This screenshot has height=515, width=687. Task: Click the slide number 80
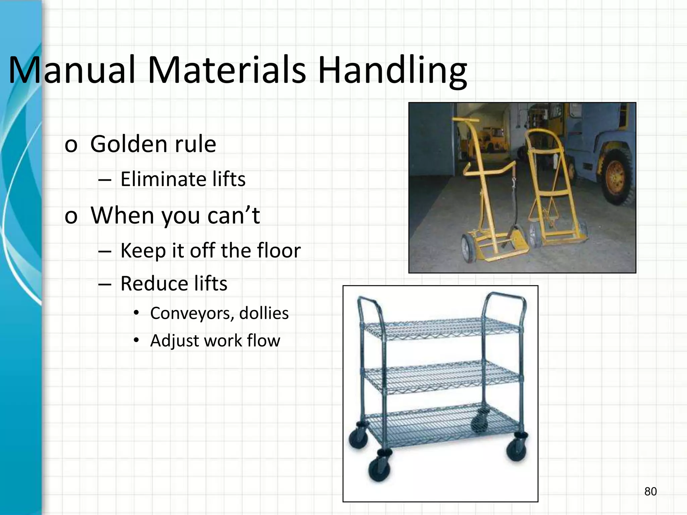[650, 492]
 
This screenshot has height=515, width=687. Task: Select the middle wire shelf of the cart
[443, 377]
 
